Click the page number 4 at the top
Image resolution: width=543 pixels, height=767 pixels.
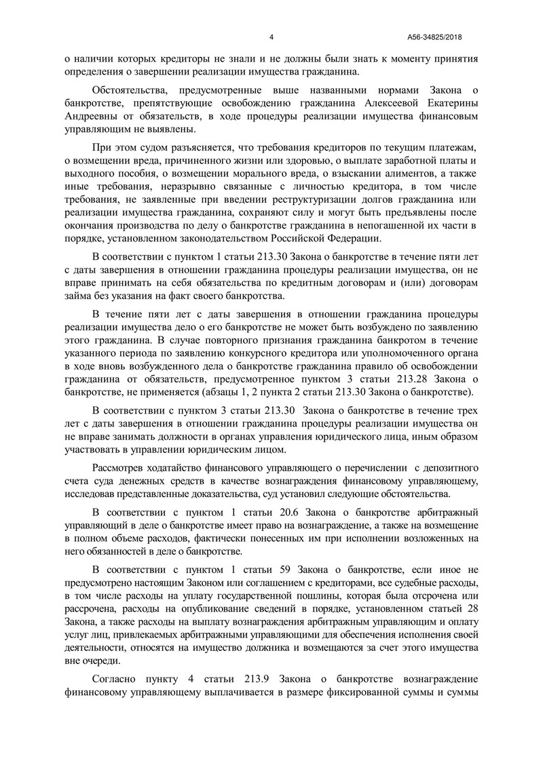(x=271, y=37)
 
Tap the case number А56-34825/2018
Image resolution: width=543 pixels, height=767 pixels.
(x=435, y=37)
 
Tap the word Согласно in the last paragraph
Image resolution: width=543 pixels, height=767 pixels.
(x=114, y=680)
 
